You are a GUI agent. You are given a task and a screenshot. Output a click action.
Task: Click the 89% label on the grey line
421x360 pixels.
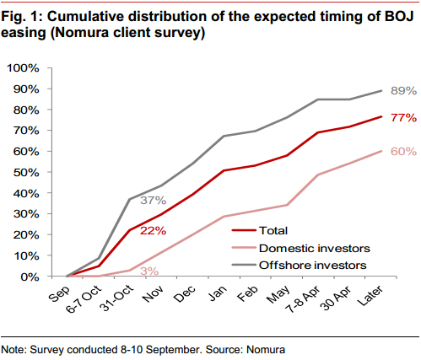point(403,91)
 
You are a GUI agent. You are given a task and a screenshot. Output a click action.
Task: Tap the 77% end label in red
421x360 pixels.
point(403,117)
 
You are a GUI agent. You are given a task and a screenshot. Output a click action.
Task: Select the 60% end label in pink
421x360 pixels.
point(403,152)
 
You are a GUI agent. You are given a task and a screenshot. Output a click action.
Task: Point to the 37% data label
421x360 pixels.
point(154,201)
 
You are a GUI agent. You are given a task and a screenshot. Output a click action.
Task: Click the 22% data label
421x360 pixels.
point(154,231)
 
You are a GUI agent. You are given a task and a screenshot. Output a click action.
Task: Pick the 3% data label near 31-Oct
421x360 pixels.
point(149,271)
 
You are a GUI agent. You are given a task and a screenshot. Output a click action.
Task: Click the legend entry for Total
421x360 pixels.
point(260,231)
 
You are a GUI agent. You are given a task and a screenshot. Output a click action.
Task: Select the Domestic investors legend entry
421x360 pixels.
point(300,248)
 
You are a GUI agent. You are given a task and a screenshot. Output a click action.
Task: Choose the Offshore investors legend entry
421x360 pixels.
point(299,265)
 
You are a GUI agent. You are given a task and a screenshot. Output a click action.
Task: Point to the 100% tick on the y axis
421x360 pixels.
point(23,68)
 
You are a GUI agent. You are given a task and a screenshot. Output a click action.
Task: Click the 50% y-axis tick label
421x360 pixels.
point(26,172)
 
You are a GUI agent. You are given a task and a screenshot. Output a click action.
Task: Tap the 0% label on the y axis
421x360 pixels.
point(30,277)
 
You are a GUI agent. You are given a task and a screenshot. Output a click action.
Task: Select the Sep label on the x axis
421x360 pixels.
point(59,294)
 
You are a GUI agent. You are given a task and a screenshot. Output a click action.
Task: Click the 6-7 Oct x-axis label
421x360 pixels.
point(84,299)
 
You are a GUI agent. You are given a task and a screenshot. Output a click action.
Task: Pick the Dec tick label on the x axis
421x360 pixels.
point(185,294)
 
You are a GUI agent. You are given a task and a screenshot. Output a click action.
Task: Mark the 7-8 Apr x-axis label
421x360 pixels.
point(303,299)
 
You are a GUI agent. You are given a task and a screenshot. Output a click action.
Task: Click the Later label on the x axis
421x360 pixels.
point(370,296)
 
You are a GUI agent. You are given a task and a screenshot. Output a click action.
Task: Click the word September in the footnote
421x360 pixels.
point(173,350)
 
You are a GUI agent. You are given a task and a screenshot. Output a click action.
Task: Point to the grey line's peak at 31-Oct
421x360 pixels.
point(129,199)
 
